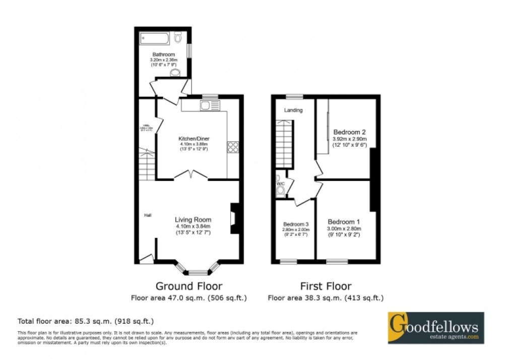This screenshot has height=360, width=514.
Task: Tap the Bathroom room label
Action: tap(164, 54)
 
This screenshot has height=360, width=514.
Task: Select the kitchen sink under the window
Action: tap(209, 105)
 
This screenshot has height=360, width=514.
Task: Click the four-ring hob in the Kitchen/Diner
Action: tap(233, 147)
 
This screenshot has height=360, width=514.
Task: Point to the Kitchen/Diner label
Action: tap(194, 139)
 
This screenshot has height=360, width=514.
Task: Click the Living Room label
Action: tap(193, 219)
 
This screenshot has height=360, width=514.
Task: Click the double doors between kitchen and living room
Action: tap(191, 175)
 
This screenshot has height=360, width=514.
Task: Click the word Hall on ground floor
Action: tap(148, 215)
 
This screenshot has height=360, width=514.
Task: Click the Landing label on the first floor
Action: tap(293, 110)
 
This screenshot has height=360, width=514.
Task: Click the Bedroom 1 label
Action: tap(344, 222)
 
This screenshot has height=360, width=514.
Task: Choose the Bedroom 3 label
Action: tap(295, 224)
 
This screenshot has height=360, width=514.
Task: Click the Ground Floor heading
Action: tap(188, 286)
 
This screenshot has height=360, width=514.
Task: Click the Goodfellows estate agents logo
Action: tap(435, 328)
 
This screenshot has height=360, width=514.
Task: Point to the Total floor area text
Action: tap(86, 321)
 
